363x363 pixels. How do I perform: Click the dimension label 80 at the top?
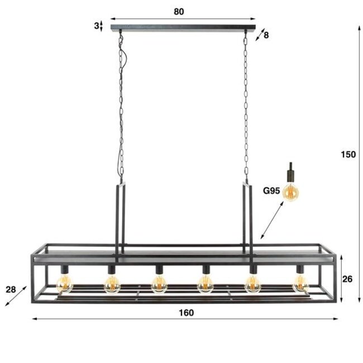click(x=179, y=11)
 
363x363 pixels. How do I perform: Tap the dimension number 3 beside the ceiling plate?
click(x=96, y=25)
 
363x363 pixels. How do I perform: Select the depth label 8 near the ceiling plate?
click(x=266, y=35)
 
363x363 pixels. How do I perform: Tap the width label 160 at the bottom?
click(x=187, y=313)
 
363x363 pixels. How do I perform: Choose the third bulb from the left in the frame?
click(x=159, y=286)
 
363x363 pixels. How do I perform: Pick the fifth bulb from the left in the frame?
click(x=253, y=286)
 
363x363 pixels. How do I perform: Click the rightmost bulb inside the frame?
click(x=300, y=286)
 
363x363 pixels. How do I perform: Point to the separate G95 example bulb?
click(x=291, y=192)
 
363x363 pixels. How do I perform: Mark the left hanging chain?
click(x=122, y=106)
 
